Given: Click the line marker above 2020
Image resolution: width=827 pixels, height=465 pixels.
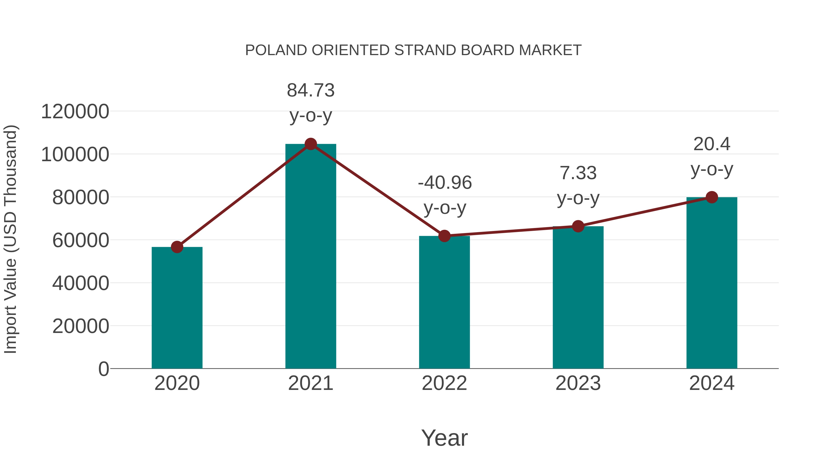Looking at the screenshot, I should tap(177, 247).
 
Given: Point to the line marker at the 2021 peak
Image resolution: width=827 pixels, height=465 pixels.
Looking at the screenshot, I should tap(310, 144).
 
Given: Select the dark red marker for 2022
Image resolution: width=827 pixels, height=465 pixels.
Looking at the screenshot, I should tap(444, 236).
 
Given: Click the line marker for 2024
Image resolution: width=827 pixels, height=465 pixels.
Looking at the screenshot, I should tap(712, 197).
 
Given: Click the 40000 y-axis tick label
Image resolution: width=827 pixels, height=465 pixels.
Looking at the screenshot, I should tap(81, 283).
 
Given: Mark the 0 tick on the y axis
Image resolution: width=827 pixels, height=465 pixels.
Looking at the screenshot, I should tap(103, 369).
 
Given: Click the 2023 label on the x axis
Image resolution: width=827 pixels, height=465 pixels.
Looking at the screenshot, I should tap(578, 383).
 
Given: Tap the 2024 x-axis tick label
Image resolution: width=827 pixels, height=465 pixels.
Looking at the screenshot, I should tap(712, 383).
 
